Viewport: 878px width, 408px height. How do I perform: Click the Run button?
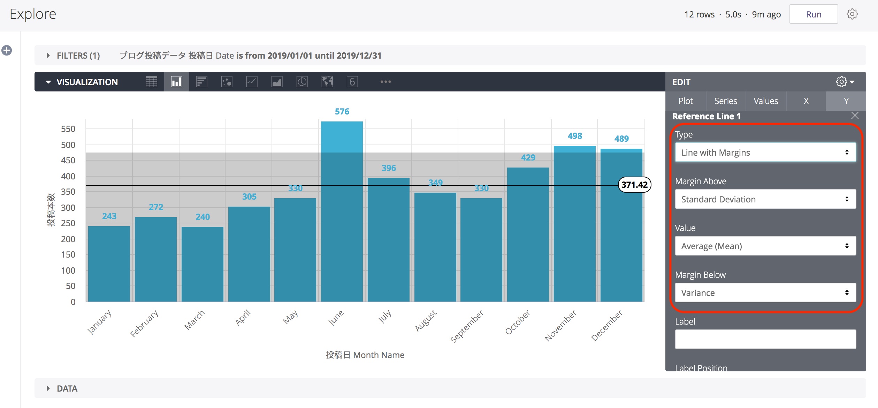point(813,14)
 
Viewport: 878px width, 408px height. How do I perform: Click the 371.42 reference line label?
point(634,185)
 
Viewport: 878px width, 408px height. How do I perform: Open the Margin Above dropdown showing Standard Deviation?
point(765,199)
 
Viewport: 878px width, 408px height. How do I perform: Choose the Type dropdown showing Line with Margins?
point(765,153)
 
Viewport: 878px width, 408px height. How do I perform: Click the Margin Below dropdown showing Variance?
point(765,293)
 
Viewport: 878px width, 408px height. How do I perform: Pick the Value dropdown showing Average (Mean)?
point(765,246)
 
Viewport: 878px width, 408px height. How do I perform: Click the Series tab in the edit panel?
point(725,101)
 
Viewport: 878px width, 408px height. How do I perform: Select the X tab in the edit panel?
point(806,101)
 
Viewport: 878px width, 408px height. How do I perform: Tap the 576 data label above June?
point(342,112)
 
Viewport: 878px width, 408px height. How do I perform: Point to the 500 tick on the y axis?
point(68,145)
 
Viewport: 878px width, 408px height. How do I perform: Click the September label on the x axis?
point(467,326)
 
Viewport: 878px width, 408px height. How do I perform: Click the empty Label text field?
point(765,339)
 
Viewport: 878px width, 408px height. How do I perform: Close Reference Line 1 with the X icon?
point(855,116)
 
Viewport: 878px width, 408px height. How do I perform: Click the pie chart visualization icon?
point(302,82)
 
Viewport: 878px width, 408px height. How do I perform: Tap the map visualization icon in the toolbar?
point(327,82)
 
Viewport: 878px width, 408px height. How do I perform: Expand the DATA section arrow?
point(48,388)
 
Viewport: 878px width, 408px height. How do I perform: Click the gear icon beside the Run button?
point(852,14)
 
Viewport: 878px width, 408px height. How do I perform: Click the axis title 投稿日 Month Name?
point(365,355)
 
